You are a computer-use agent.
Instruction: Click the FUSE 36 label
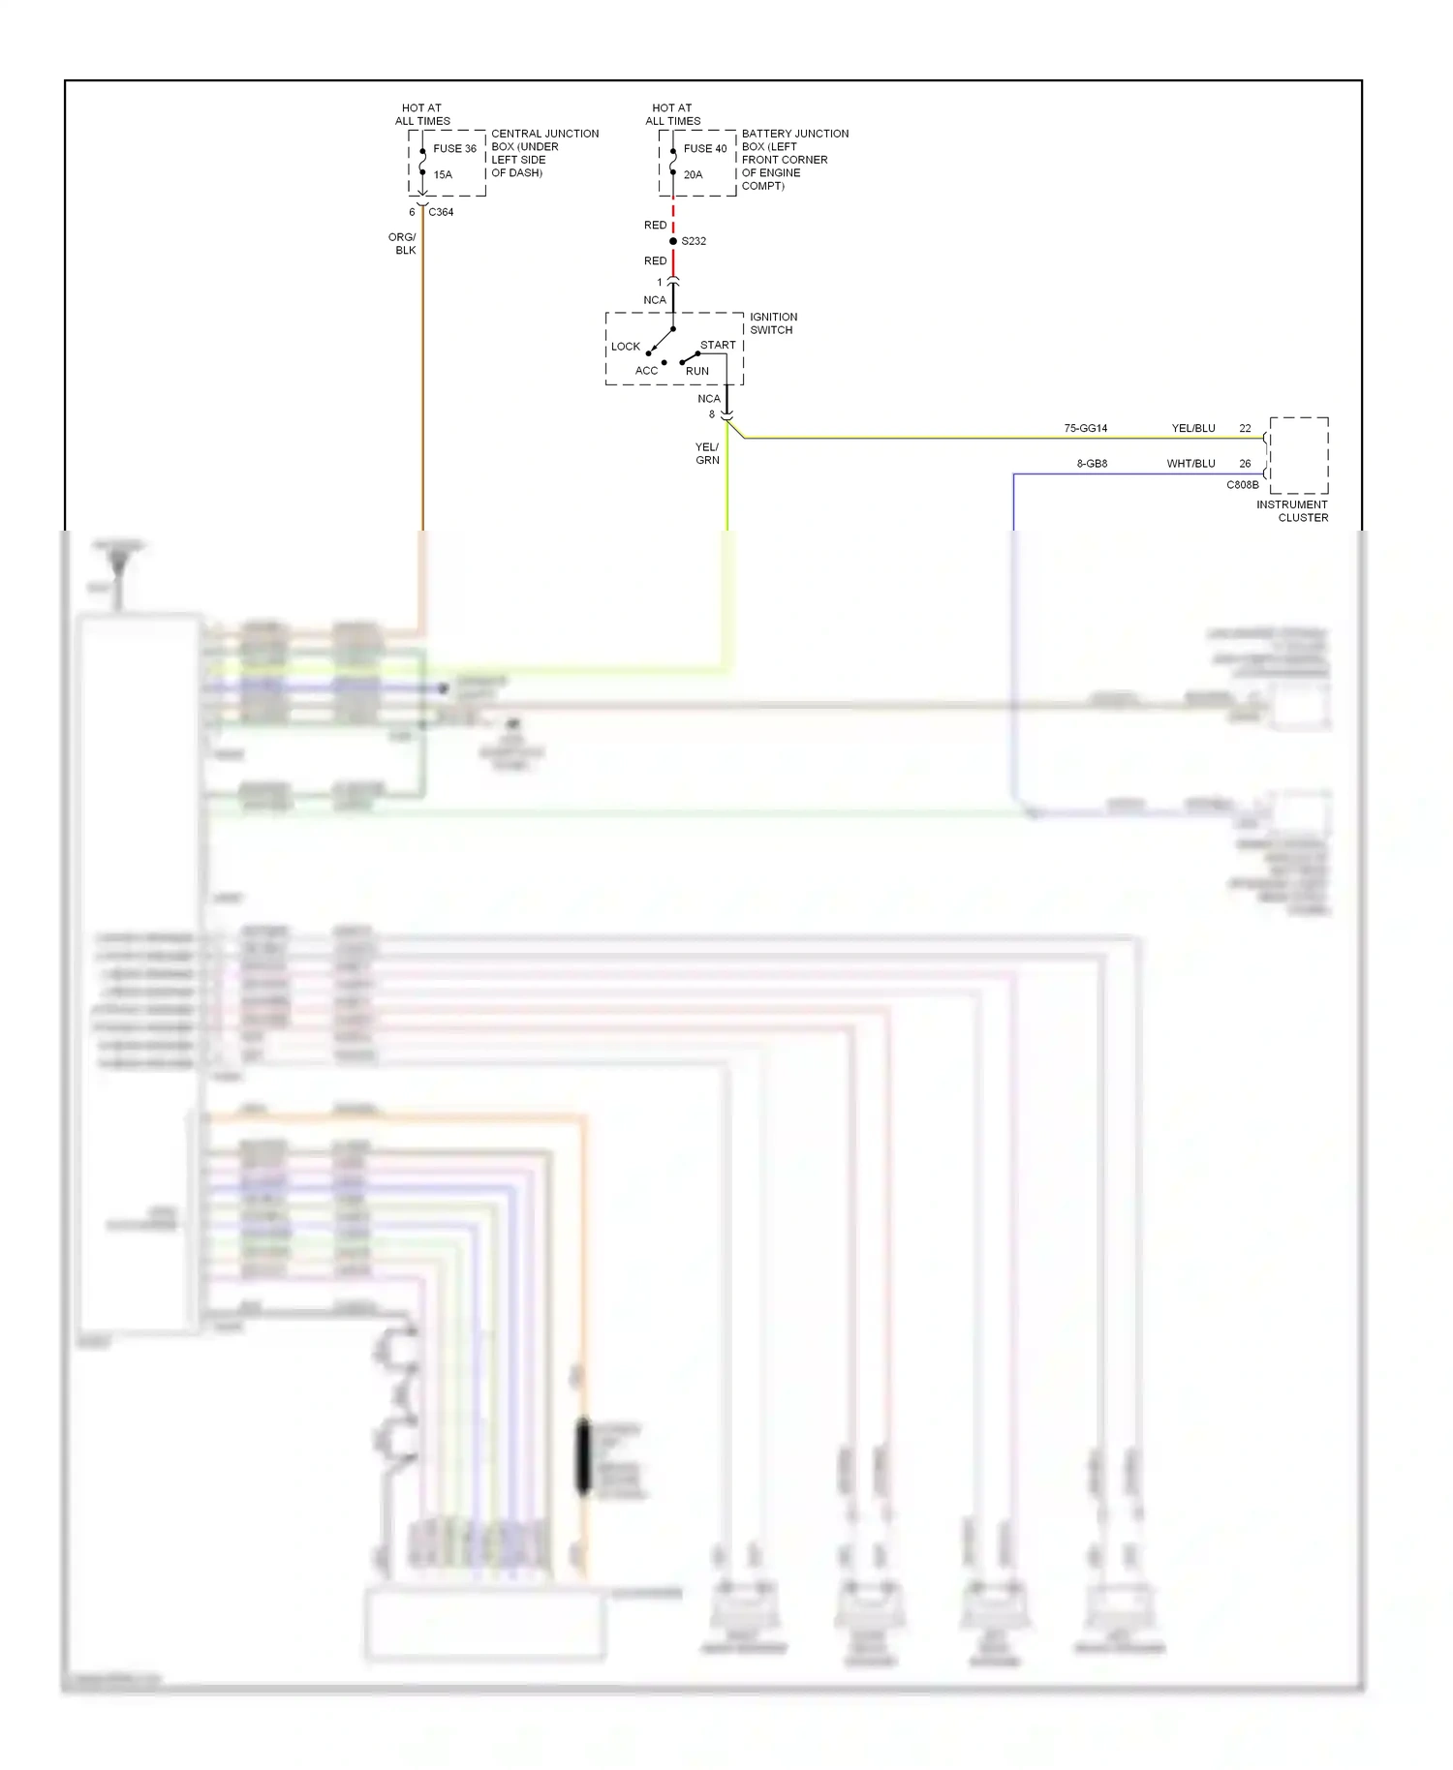click(454, 149)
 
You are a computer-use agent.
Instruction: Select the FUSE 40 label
click(704, 149)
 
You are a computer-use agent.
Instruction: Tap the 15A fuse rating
click(443, 175)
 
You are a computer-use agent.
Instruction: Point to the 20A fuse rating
click(693, 175)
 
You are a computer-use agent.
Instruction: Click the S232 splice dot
click(673, 241)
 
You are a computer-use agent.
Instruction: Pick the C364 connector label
click(441, 212)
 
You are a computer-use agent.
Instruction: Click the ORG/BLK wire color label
click(403, 244)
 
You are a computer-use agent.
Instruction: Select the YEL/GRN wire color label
click(707, 454)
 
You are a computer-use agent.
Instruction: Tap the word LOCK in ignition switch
click(625, 347)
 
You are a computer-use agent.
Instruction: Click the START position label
click(718, 345)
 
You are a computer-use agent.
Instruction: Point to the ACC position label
click(646, 371)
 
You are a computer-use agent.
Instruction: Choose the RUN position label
click(697, 371)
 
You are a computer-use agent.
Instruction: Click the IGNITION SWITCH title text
click(773, 323)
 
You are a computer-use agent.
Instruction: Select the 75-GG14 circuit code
click(1085, 428)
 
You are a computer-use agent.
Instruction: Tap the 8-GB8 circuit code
click(1092, 464)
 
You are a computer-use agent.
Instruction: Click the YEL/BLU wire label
click(1192, 428)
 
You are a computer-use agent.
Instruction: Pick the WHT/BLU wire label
click(1190, 464)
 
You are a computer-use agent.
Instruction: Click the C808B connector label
click(1242, 485)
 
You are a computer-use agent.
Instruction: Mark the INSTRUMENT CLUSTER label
click(1292, 511)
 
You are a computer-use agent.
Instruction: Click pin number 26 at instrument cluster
click(1245, 464)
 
